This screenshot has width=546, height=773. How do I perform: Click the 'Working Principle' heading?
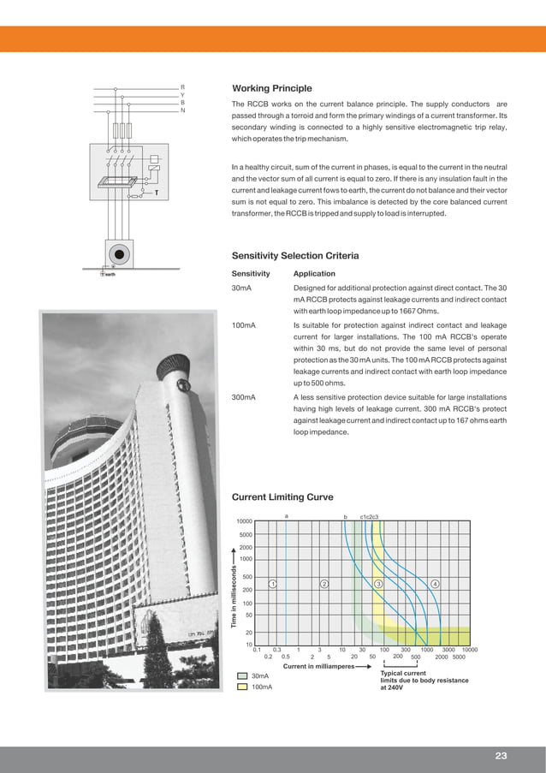coord(272,89)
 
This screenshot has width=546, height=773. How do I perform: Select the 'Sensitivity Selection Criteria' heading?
coord(295,255)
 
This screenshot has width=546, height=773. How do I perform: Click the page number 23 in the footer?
coord(501,755)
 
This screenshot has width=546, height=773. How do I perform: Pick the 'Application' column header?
coord(314,274)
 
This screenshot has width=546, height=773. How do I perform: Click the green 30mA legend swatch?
coord(243,676)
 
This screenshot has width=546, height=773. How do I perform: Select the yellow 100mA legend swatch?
coord(243,687)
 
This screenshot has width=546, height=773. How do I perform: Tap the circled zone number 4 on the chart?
coord(436,584)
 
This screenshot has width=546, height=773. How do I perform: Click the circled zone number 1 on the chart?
coord(271,584)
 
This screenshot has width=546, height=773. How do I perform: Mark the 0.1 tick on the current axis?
coord(257,650)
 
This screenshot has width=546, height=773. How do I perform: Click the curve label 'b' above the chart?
coord(345,516)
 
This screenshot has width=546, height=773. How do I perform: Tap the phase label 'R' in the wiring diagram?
coord(181,87)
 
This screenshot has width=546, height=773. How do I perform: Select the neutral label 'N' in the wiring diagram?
coord(181,110)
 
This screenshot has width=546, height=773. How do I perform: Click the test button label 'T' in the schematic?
coord(156,193)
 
